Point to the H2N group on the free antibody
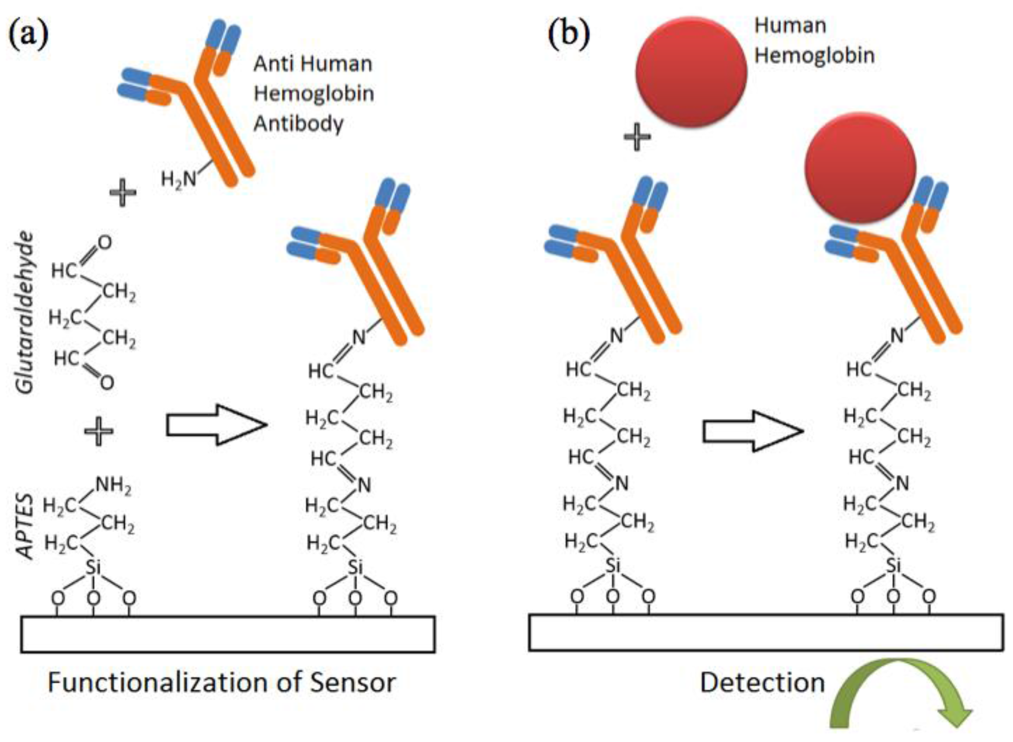point(179,180)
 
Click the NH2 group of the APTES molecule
point(113,485)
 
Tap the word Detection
point(762,683)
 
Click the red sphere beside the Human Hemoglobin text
point(691,73)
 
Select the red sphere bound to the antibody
point(860,167)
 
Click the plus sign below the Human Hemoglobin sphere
point(637,138)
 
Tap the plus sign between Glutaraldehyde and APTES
point(98,430)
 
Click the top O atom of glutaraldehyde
point(104,243)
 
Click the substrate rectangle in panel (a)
point(227,634)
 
